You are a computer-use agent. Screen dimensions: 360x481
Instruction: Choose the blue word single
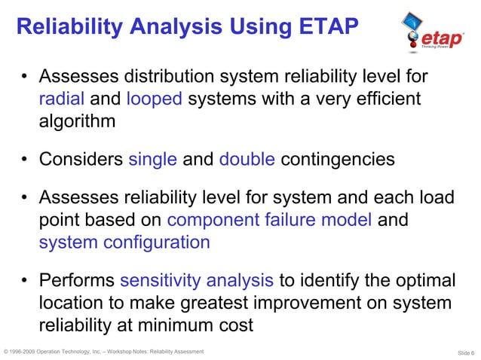click(153, 160)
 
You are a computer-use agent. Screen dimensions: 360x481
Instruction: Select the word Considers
click(81, 160)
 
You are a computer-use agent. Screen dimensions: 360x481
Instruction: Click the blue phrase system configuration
click(124, 243)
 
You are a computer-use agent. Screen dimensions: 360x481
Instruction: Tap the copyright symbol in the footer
click(6, 352)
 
